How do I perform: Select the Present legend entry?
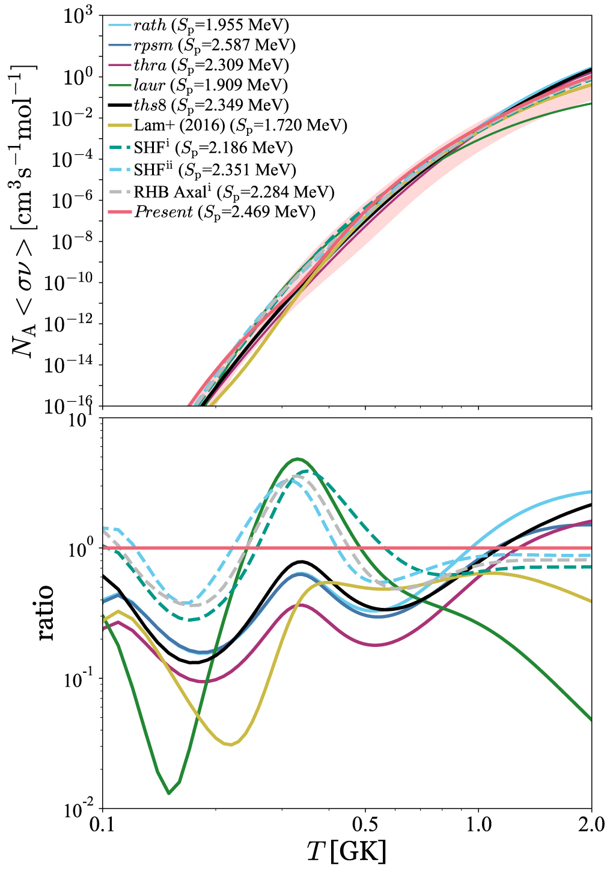tap(224, 211)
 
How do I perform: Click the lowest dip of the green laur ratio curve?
tap(169, 793)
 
